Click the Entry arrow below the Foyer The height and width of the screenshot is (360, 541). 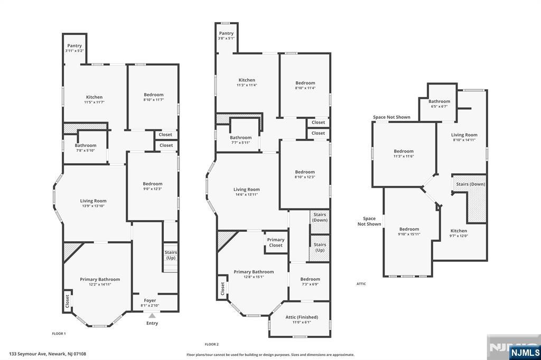[152, 315]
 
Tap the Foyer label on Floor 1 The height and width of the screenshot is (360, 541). [150, 300]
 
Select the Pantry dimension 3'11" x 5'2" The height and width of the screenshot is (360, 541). [74, 51]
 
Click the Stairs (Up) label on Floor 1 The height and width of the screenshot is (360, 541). [171, 255]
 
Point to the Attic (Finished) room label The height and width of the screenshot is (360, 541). [302, 317]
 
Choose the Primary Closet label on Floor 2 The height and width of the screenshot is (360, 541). [276, 242]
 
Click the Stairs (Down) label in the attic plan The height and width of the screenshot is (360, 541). [471, 184]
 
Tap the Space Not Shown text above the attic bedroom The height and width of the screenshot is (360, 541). [391, 117]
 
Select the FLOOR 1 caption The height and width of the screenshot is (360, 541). [59, 334]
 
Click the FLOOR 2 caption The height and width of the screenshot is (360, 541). [211, 344]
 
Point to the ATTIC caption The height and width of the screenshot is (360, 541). [361, 284]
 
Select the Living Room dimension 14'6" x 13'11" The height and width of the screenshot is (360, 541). [246, 194]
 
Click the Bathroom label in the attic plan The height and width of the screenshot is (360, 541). [439, 101]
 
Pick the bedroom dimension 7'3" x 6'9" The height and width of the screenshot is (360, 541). [310, 285]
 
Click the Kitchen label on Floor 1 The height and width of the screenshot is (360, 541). [94, 97]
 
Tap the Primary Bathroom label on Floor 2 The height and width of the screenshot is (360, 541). [254, 272]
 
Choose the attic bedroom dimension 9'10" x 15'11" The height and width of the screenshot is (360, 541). [409, 234]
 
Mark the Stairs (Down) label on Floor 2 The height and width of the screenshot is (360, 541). [320, 217]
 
